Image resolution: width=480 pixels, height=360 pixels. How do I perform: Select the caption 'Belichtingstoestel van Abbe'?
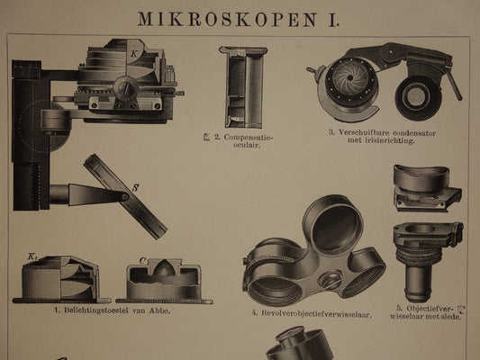111,312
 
